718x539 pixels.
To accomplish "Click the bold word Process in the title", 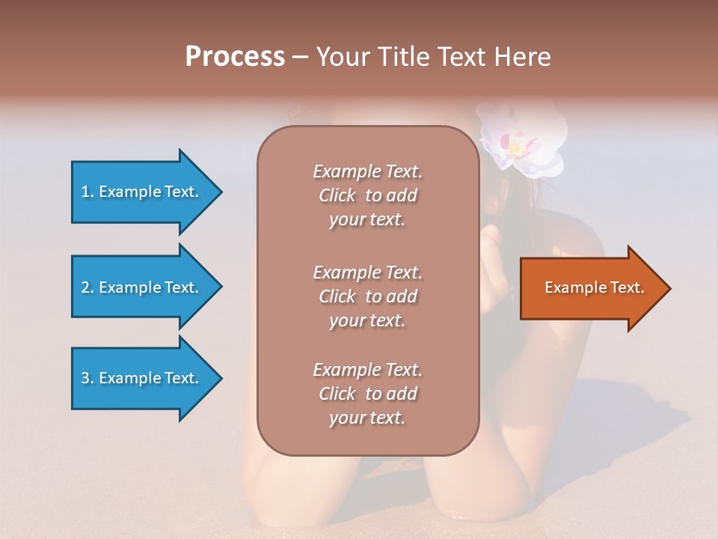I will pyautogui.click(x=235, y=57).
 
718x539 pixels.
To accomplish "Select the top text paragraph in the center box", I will pyautogui.click(x=367, y=195).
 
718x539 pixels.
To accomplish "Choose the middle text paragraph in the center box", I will pyautogui.click(x=367, y=296).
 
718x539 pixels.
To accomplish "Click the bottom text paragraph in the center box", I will pyautogui.click(x=367, y=394).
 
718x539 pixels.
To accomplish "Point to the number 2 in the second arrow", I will pyautogui.click(x=85, y=287).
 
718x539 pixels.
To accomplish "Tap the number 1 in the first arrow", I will pyautogui.click(x=85, y=192).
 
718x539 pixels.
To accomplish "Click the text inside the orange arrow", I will pyautogui.click(x=594, y=287).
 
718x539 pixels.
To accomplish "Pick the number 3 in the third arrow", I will pyautogui.click(x=85, y=378).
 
